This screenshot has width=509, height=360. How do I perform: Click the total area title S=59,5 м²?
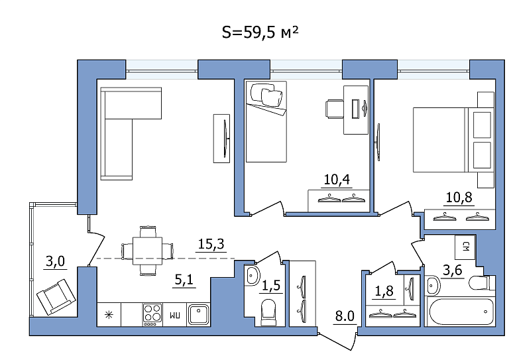tap(260, 32)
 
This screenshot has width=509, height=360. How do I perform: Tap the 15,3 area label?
tap(211, 244)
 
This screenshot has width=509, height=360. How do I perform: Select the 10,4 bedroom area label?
tap(337, 179)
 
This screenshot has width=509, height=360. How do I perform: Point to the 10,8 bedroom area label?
tap(459, 197)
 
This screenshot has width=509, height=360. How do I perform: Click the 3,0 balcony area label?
tap(55, 261)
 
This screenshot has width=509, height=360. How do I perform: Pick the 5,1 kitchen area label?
tap(184, 280)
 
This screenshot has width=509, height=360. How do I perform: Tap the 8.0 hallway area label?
tap(345, 316)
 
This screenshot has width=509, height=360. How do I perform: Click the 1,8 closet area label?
tap(384, 291)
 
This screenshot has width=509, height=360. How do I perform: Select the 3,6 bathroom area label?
tap(453, 270)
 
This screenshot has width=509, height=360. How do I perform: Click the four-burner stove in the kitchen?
tap(152, 314)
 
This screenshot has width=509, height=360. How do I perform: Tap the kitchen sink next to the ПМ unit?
tap(198, 314)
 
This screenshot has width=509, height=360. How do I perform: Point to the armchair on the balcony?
tap(56, 297)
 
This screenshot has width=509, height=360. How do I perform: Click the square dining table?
tap(147, 251)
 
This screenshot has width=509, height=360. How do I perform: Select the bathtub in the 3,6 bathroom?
tap(460, 312)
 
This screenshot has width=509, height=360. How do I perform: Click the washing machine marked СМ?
tap(465, 247)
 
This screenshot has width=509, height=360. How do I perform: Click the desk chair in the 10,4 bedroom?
tap(334, 109)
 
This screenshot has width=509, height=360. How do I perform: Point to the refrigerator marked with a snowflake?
tap(109, 314)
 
